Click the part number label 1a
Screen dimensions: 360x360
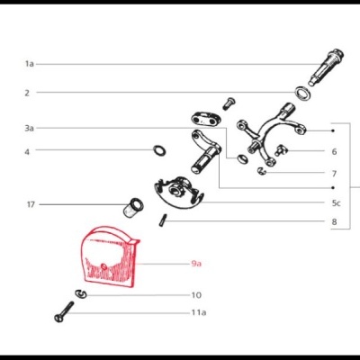29,64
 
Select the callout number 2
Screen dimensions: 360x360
27,92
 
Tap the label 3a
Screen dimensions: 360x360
29,129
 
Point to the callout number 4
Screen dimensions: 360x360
27,151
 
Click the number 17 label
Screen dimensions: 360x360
30,204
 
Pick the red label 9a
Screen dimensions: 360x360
196,264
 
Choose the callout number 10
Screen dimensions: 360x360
196,294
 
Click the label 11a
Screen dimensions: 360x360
198,312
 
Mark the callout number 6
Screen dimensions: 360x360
334,152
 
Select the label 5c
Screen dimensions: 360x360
335,203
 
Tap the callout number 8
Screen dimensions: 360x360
334,221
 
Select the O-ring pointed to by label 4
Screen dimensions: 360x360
159,150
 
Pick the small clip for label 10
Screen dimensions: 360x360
81,293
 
